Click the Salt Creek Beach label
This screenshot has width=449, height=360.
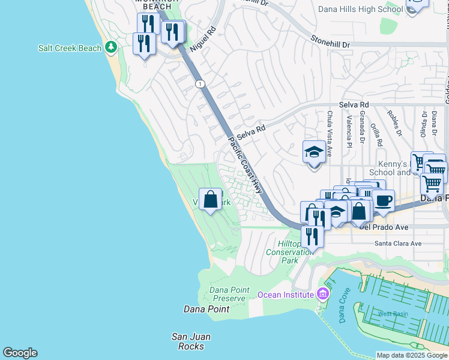(x=70, y=48)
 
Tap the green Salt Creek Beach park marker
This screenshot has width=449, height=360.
(x=110, y=47)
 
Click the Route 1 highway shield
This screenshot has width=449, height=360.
(x=199, y=83)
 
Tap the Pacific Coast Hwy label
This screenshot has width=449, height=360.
(x=246, y=164)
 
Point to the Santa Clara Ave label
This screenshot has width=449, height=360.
(x=398, y=244)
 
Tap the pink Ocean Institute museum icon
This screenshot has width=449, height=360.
(x=323, y=294)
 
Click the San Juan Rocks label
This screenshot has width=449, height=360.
(x=191, y=341)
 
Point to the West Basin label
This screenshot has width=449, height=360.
(x=393, y=314)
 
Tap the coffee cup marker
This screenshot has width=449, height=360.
(x=383, y=200)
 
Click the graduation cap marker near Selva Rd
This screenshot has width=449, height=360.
(x=314, y=152)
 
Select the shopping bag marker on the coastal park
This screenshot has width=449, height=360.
(x=211, y=200)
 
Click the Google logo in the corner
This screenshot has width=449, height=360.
(x=20, y=353)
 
